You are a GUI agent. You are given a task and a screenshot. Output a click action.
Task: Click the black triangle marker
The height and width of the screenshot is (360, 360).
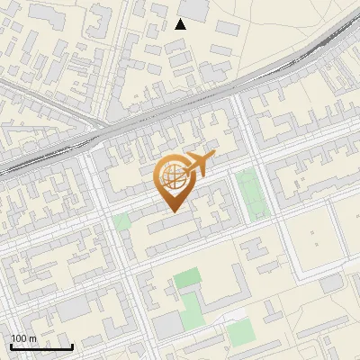[180, 24]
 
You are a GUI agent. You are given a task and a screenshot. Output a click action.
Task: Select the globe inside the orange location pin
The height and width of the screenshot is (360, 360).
[172, 176]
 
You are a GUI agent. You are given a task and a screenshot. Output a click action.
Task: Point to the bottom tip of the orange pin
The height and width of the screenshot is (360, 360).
[173, 211]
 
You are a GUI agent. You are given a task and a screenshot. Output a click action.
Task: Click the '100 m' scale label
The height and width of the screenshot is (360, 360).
[23, 338]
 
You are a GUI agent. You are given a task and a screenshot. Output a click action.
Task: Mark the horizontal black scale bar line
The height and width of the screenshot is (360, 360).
[41, 346]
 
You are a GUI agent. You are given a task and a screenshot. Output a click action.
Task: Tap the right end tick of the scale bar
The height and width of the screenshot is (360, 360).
[72, 345]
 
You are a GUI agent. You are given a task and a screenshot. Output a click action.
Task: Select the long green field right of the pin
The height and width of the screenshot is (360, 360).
[251, 194]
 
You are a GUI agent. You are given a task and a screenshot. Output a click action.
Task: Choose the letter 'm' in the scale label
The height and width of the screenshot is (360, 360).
[32, 338]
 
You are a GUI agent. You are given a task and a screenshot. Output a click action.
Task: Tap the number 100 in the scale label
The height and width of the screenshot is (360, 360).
[19, 338]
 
